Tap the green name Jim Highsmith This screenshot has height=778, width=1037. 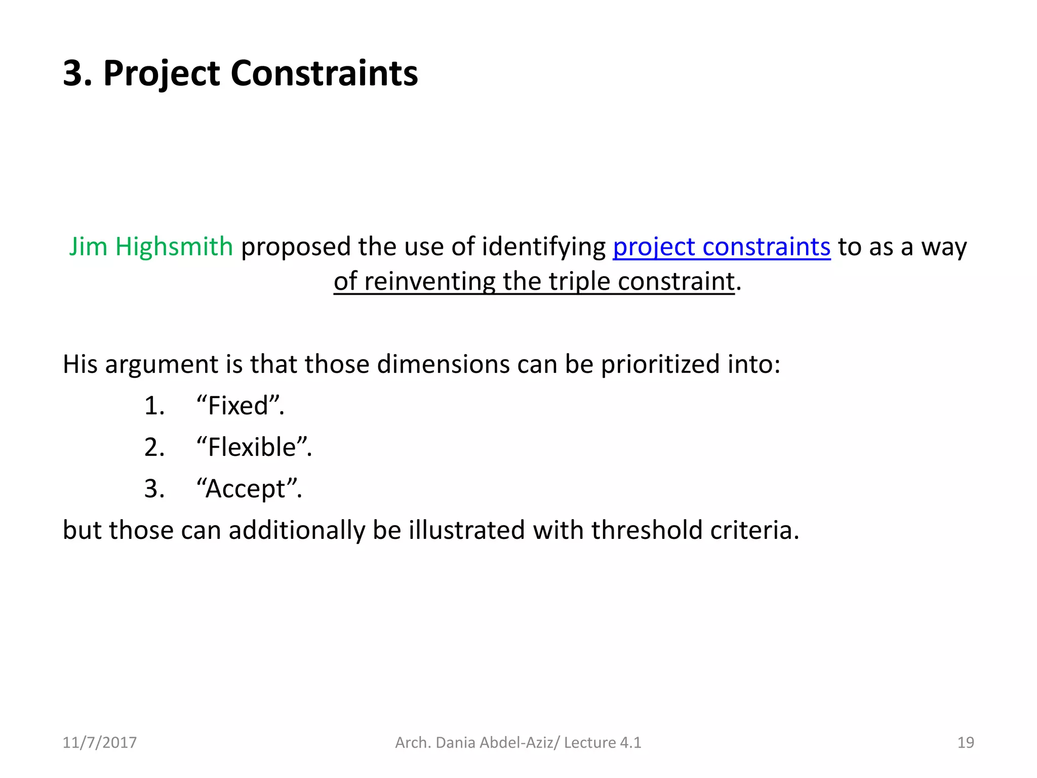point(151,247)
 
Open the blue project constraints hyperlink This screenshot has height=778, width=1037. point(722,247)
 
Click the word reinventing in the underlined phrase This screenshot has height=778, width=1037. point(429,282)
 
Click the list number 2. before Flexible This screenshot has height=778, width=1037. point(154,447)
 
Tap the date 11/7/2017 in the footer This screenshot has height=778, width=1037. point(99,743)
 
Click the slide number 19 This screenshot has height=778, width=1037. point(966,743)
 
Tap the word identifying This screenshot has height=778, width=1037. point(543,247)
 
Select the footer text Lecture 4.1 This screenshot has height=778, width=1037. point(603,743)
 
